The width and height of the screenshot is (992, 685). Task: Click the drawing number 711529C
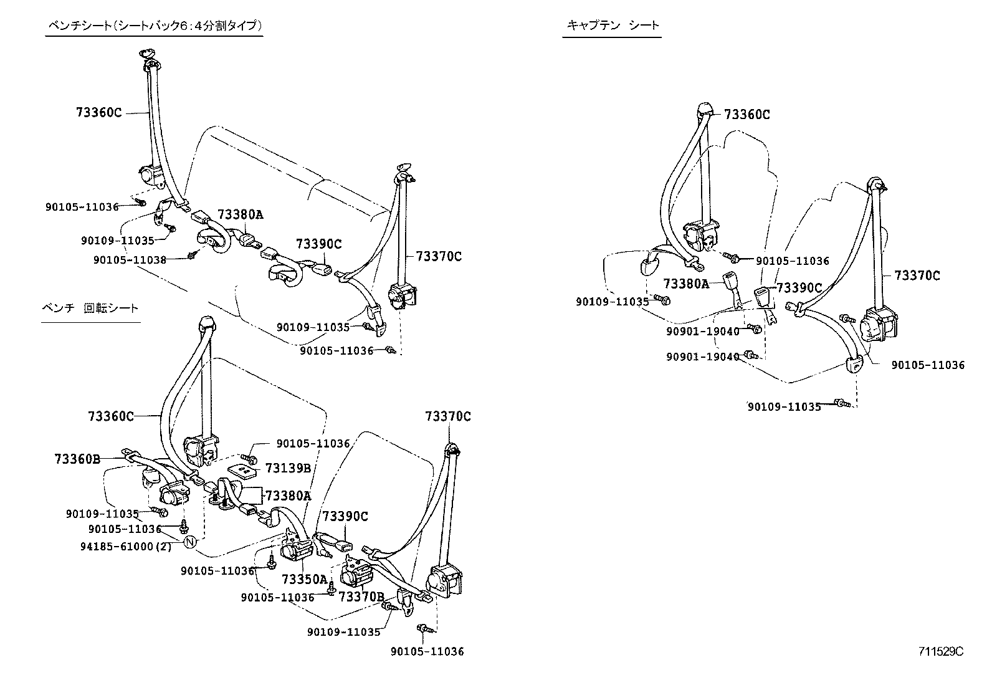(x=940, y=652)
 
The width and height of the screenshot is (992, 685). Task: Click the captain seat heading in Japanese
(x=612, y=26)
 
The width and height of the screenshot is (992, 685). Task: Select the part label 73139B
(x=287, y=468)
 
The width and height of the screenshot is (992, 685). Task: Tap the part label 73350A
(x=304, y=579)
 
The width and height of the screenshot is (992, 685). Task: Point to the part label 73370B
(x=361, y=596)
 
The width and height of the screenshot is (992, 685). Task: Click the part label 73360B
(x=77, y=459)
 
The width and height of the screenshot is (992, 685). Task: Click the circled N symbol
(x=191, y=541)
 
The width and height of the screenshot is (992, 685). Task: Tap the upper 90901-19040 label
(x=702, y=331)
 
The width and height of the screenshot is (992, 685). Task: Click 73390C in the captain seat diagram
(x=799, y=287)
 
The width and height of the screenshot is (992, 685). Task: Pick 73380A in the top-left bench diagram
(x=241, y=215)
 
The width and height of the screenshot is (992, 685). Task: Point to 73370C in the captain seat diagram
(x=917, y=275)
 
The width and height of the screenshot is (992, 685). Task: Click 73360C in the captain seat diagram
(x=747, y=115)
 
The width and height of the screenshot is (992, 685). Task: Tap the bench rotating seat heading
(x=90, y=308)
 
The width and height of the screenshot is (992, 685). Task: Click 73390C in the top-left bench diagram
(x=319, y=244)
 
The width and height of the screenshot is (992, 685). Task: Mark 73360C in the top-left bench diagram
(x=98, y=113)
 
